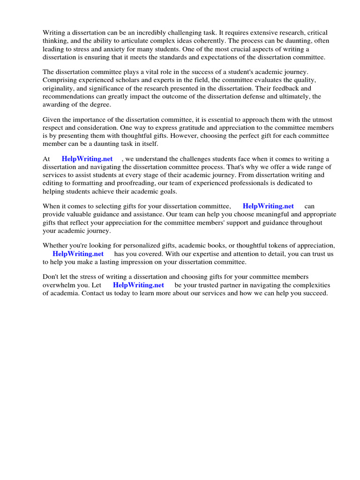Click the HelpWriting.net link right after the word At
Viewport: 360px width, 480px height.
point(87,159)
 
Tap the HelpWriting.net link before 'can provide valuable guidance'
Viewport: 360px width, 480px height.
point(268,206)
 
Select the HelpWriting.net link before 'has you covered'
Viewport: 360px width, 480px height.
point(78,254)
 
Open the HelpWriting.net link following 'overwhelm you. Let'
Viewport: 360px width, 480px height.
point(138,285)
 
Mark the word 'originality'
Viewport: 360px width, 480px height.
point(59,88)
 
